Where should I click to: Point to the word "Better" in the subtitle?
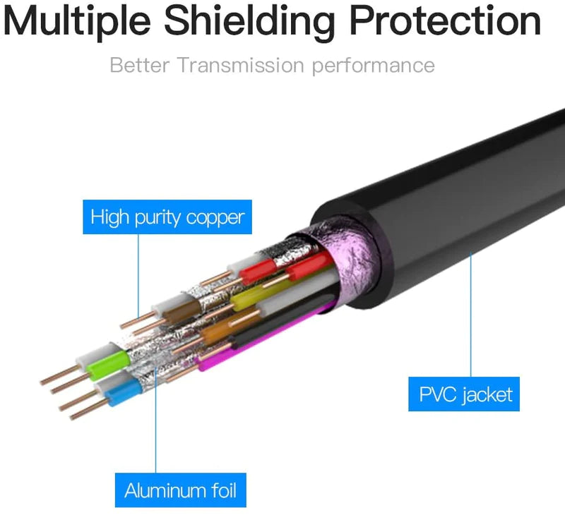pyautogui.click(x=140, y=66)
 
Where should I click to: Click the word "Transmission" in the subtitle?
pyautogui.click(x=241, y=66)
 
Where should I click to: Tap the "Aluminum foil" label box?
pyautogui.click(x=181, y=490)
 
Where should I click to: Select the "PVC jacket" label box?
pyautogui.click(x=465, y=394)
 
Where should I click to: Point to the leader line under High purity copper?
pyautogui.click(x=138, y=275)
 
